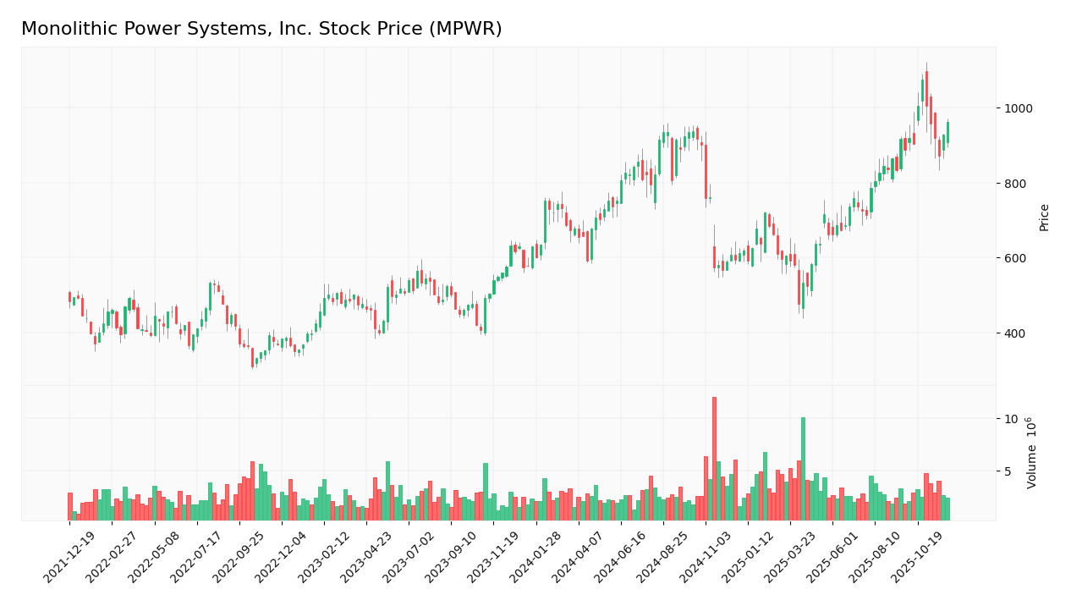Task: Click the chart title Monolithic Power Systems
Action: pyautogui.click(x=261, y=30)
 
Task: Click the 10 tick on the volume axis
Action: pyautogui.click(x=1011, y=419)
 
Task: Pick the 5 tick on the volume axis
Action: pyautogui.click(x=1008, y=471)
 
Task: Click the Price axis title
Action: pyautogui.click(x=1044, y=217)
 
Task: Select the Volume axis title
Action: pyautogui.click(x=1032, y=453)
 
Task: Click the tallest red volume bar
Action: pyautogui.click(x=714, y=458)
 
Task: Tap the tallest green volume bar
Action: pyautogui.click(x=803, y=468)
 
